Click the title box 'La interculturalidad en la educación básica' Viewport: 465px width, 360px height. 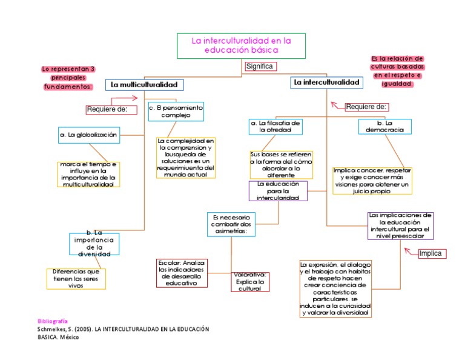pyautogui.click(x=242, y=46)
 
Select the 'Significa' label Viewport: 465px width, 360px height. pyautogui.click(x=260, y=66)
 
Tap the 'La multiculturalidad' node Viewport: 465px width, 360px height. pyautogui.click(x=144, y=84)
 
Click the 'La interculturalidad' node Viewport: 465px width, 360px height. pyautogui.click(x=326, y=82)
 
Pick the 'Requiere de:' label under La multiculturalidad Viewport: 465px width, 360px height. pyautogui.click(x=107, y=109)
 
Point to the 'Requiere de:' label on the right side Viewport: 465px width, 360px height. pyautogui.click(x=366, y=107)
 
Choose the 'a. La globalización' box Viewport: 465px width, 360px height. pyautogui.click(x=89, y=135)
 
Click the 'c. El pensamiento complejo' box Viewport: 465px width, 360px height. pyautogui.click(x=176, y=111)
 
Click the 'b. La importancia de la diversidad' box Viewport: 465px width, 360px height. pyautogui.click(x=94, y=244)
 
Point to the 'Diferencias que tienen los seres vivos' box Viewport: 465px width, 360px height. pyautogui.click(x=76, y=279)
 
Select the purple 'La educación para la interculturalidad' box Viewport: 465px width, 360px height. pyautogui.click(x=278, y=190)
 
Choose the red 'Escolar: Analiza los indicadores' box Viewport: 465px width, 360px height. pyautogui.click(x=181, y=273)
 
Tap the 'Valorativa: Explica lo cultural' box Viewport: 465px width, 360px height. pyautogui.click(x=249, y=282)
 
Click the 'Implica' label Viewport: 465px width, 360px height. pyautogui.click(x=431, y=253)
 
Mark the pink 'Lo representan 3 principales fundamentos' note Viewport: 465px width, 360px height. pyautogui.click(x=68, y=78)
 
